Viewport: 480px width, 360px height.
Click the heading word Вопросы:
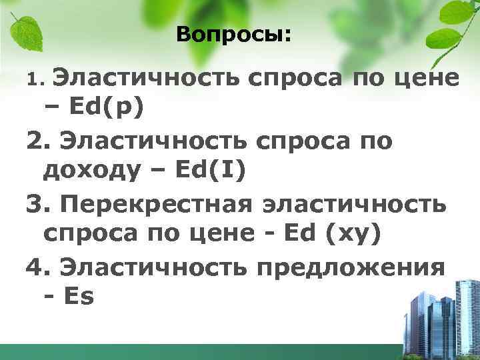coord(234,35)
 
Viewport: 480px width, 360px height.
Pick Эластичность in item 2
coord(155,141)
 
